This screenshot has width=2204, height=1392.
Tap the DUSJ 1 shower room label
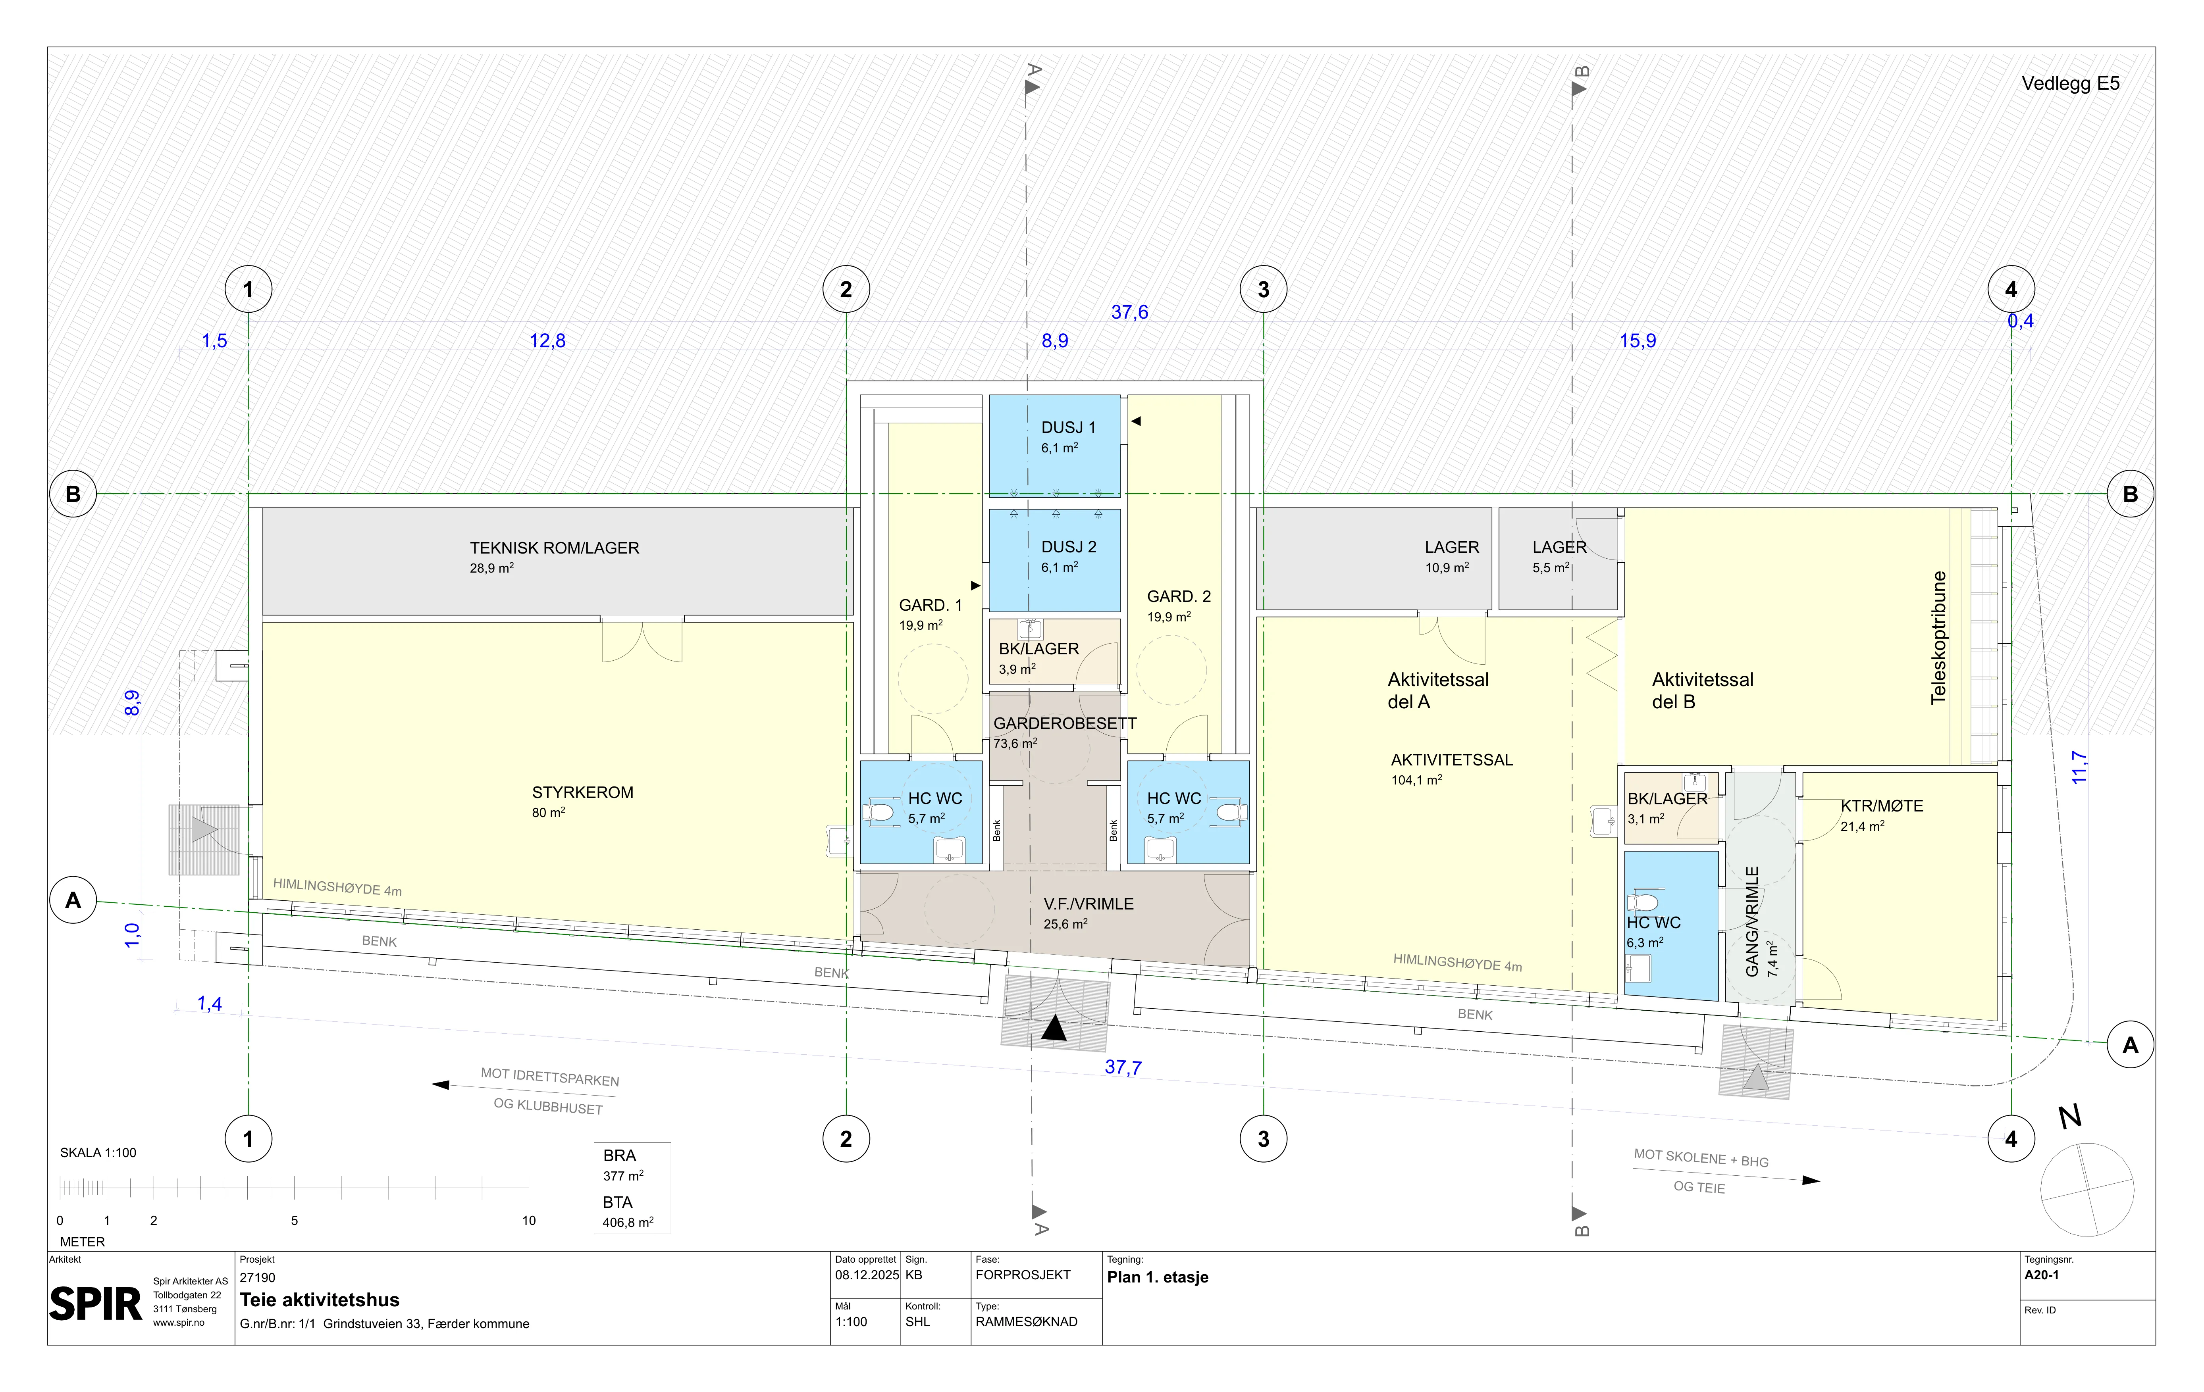pos(1068,427)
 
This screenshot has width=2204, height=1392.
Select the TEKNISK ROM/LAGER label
pos(555,548)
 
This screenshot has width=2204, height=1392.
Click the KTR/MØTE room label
pos(1882,806)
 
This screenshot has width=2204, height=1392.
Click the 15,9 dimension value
pos(1638,340)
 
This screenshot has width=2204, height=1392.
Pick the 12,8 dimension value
pos(547,340)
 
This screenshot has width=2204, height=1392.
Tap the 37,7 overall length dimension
pos(1123,1067)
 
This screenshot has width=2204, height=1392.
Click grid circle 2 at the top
pos(846,289)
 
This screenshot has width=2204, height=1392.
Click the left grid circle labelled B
pos(73,494)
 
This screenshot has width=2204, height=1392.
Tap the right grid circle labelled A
pos(2131,1045)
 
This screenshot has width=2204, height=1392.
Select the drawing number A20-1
pos(2042,1275)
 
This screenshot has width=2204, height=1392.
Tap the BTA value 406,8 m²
pos(628,1222)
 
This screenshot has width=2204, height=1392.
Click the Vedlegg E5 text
pos(2070,83)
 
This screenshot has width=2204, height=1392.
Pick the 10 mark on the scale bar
pos(529,1220)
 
